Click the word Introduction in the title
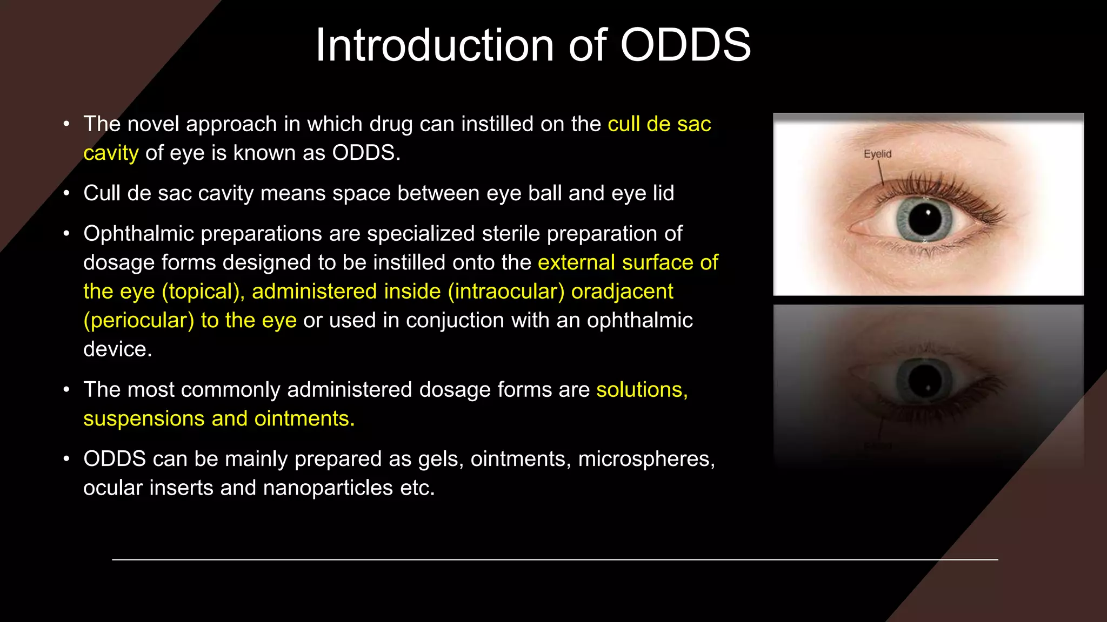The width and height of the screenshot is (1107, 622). (x=435, y=45)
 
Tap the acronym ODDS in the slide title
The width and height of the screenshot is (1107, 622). (x=685, y=45)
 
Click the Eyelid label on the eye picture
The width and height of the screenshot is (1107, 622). (x=877, y=154)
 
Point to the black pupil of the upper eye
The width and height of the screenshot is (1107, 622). (x=925, y=219)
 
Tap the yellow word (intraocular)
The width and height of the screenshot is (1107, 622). (x=506, y=292)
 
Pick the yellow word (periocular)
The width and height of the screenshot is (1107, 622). (x=138, y=321)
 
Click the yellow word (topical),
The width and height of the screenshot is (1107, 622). (x=203, y=292)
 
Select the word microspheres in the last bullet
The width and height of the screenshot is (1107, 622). (x=646, y=459)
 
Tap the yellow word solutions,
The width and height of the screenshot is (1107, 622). (x=642, y=390)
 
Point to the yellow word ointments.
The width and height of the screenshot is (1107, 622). (x=304, y=419)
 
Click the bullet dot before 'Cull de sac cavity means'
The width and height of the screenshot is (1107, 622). (x=66, y=193)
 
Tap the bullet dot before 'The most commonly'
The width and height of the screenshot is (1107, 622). (x=66, y=390)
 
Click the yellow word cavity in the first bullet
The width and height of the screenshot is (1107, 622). (x=111, y=154)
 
